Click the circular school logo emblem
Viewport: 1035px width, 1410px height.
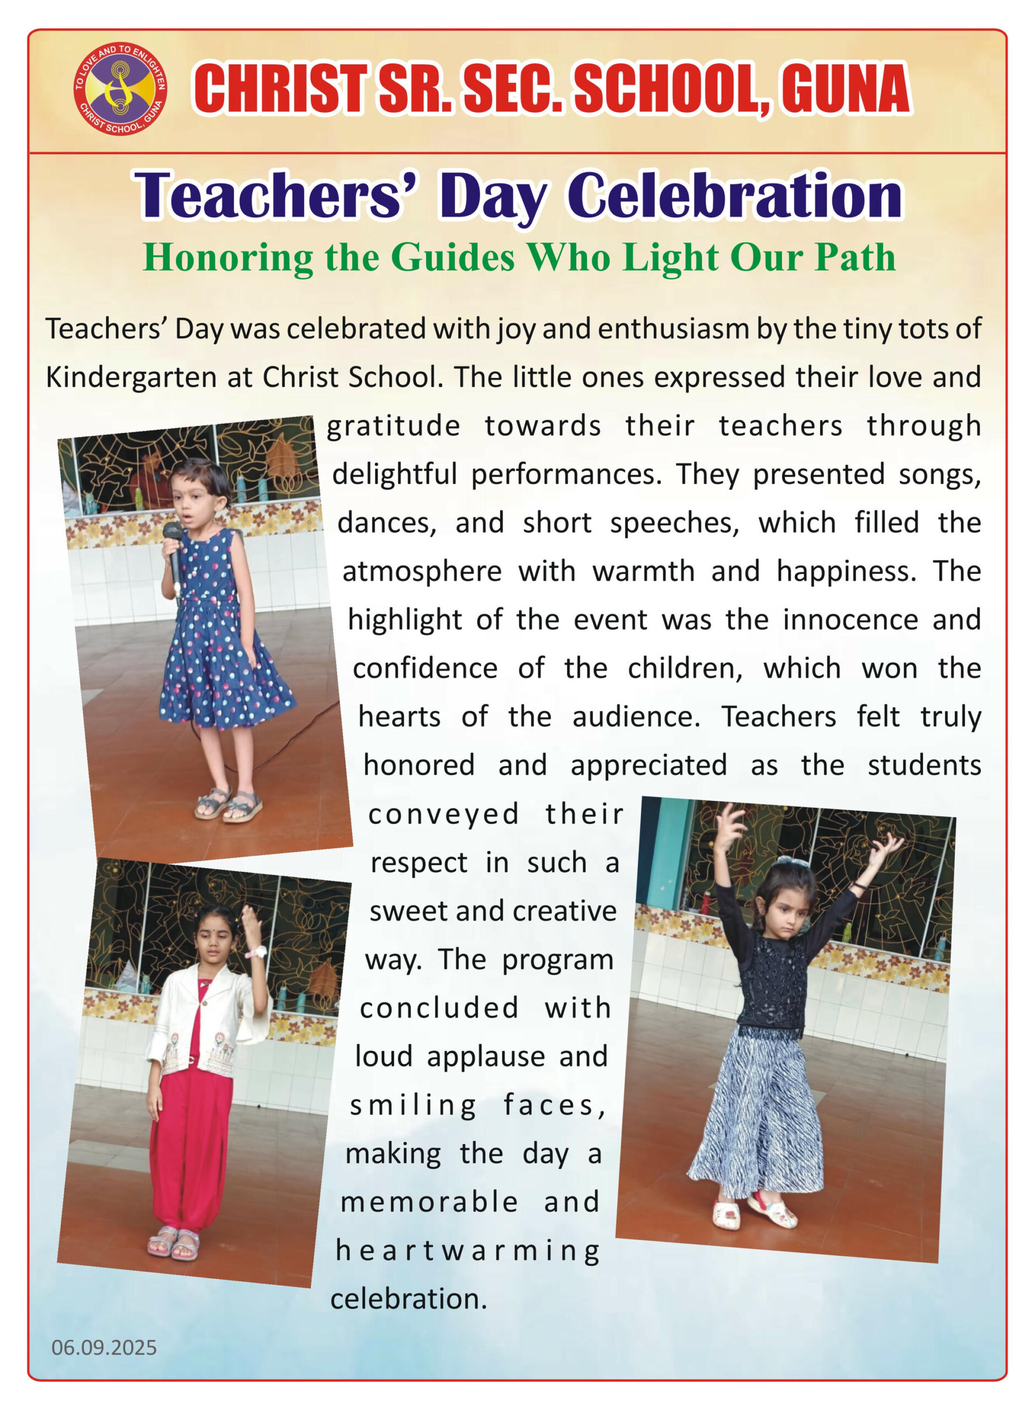[120, 88]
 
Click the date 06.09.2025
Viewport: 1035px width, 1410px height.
[104, 1347]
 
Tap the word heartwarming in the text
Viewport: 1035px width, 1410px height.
[468, 1250]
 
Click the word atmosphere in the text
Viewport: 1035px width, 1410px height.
[421, 571]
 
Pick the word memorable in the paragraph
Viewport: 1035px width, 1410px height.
[429, 1202]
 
